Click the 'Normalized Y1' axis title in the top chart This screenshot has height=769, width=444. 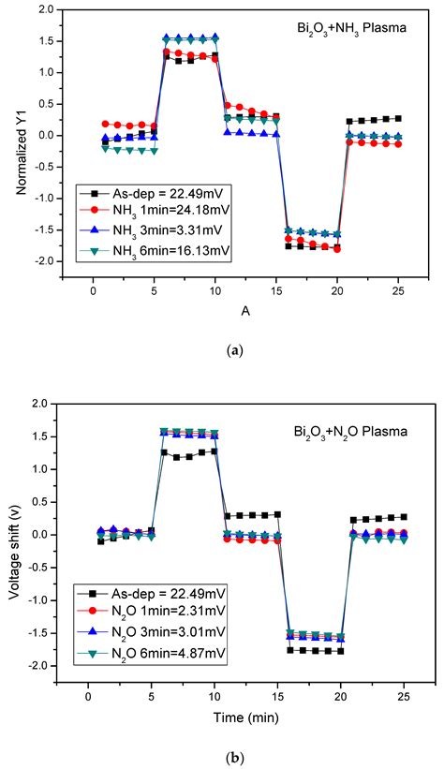(20, 151)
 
